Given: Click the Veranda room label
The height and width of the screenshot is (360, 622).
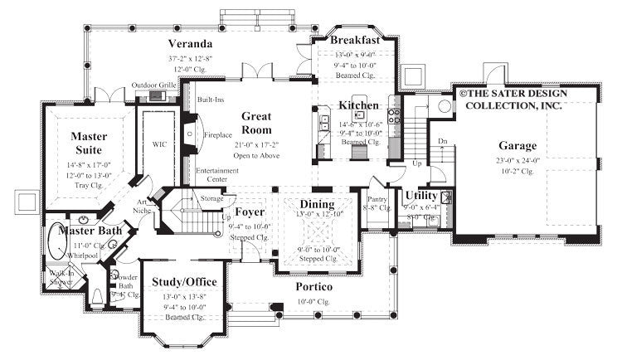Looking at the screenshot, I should coord(190,43).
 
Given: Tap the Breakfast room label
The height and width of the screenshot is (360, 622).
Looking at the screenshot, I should coord(354,40).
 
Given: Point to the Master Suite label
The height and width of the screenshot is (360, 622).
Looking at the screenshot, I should coord(85,143).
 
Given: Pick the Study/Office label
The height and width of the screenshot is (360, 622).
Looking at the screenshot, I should coord(186,282).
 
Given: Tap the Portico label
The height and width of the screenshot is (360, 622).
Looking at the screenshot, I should coord(313,286).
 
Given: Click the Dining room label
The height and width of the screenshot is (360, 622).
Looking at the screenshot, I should coord(317,204).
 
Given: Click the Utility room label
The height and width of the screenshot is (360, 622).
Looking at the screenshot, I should coord(421,196).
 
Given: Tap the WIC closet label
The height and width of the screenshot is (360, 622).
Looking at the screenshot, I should coord(160,143).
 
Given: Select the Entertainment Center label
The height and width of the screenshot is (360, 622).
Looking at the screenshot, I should coord(217,175).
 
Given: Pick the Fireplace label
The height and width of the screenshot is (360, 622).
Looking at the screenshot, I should coord(219,132).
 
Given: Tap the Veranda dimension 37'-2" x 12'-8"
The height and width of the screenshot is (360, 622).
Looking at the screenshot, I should coord(190,58).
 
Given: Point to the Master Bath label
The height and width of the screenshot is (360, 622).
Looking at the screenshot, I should coord(85,231).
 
